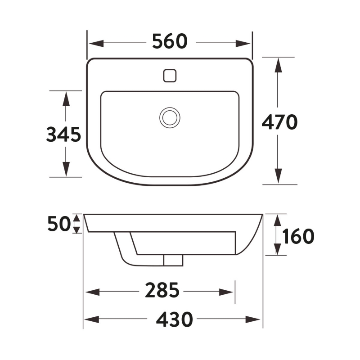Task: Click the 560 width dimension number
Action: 169,42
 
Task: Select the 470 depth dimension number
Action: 279,122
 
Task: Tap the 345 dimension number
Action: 63,135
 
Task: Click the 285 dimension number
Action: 162,292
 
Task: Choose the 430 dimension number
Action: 175,319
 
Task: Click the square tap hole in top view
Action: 169,75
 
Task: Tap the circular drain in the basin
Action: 170,117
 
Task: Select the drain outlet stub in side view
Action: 173,260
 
